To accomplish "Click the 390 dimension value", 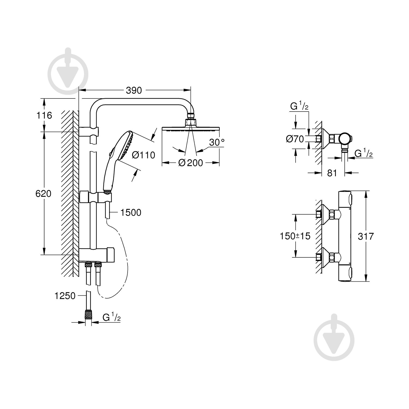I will click(134, 90).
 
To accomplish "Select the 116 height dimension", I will click(44, 115).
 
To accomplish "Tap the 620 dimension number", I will click(43, 194).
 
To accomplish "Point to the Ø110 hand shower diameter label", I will click(143, 155).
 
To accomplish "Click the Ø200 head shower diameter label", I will click(191, 163).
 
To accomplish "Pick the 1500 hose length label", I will click(131, 212).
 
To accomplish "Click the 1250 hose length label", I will click(65, 296).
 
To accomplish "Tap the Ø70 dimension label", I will click(294, 139).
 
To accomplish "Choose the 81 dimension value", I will click(332, 173).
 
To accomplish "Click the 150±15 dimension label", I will click(295, 236).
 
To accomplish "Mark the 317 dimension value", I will click(366, 236).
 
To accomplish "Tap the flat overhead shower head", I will click(191, 128).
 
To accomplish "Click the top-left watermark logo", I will click(68, 72).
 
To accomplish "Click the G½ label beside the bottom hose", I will click(112, 317).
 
